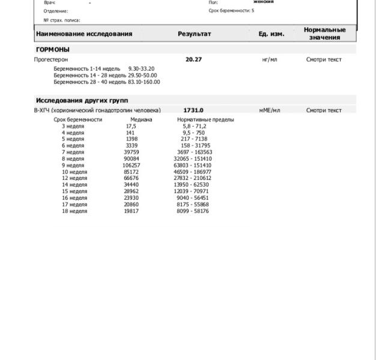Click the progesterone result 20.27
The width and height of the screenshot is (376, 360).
[194, 60]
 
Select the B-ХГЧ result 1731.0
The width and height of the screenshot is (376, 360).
[193, 110]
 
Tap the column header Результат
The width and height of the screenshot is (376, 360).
[194, 34]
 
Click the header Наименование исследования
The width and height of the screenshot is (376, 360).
[84, 34]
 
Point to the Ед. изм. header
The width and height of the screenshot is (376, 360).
[271, 34]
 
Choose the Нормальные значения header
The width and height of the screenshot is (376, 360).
[324, 34]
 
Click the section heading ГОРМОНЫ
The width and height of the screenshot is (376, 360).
[53, 49]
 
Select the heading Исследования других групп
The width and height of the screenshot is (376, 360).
[82, 101]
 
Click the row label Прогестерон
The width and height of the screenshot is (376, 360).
[51, 60]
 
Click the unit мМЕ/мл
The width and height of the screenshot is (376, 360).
[270, 110]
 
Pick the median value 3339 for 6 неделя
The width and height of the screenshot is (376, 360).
[132, 146]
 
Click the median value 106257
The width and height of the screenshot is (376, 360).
[132, 166]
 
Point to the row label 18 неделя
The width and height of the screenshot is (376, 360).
[74, 211]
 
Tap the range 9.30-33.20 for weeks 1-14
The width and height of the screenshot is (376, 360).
[141, 69]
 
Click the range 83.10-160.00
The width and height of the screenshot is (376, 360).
[144, 82]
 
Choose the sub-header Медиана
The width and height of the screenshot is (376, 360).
[141, 119]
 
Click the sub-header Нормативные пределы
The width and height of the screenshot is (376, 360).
[205, 119]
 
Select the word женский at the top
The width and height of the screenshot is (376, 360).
[264, 2]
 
